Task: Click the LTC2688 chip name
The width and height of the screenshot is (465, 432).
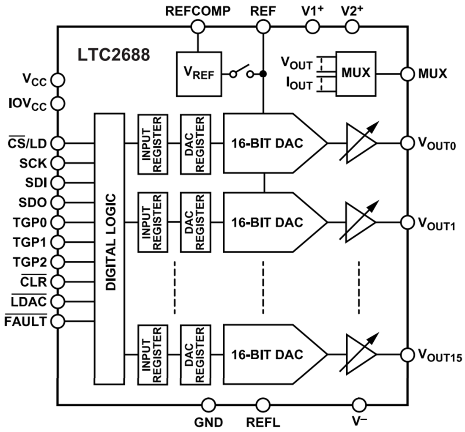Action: tap(113, 55)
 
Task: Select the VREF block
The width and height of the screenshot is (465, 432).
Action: tap(199, 74)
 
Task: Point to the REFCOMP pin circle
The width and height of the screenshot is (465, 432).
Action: tap(197, 27)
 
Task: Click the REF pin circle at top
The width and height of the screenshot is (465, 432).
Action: tap(263, 27)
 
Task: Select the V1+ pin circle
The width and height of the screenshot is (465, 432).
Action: tap(312, 27)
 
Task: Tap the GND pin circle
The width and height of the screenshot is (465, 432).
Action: tap(208, 405)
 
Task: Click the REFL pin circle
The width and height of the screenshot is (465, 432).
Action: tap(263, 405)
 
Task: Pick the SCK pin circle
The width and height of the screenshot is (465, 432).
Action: tap(57, 163)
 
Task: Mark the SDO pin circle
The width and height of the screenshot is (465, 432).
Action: tap(57, 202)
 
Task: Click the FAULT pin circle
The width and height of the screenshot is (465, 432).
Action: tap(57, 321)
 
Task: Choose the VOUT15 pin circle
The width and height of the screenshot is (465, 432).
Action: tap(407, 354)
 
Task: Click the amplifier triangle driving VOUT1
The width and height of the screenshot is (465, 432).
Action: tap(359, 222)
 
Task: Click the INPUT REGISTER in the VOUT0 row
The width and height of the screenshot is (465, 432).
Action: tap(151, 143)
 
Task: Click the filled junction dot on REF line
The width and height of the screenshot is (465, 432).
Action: tap(263, 74)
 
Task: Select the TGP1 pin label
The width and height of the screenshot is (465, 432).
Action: tap(29, 242)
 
